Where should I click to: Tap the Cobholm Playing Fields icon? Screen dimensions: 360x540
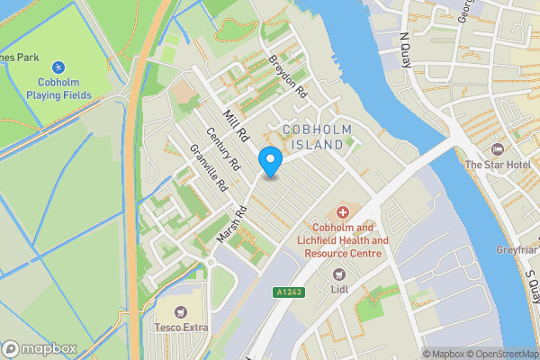click(x=58, y=67)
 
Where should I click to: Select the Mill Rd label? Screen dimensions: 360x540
click(x=235, y=127)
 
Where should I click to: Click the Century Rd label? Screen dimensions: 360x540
click(x=223, y=151)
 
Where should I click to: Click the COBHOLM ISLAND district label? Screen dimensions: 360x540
click(x=313, y=138)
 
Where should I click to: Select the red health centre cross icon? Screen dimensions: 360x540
click(x=342, y=212)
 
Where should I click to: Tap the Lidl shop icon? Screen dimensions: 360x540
click(x=339, y=274)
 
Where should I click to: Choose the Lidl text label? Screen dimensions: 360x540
click(x=339, y=291)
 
